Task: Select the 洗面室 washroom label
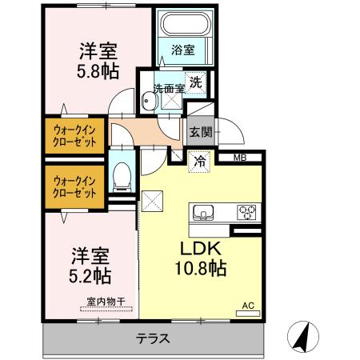tap(169, 88)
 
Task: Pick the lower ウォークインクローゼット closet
tap(74, 186)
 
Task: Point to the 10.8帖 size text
tap(198, 270)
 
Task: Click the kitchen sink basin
tap(202, 213)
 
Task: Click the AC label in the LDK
tap(247, 306)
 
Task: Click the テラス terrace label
tap(152, 338)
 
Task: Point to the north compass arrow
tap(302, 336)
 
